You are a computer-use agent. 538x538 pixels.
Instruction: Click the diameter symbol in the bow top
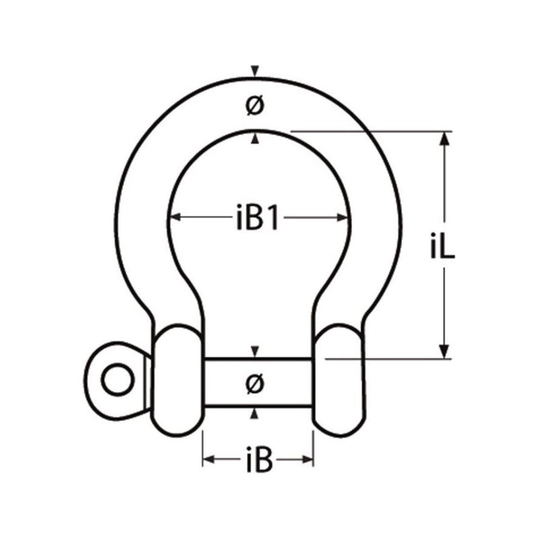click(254, 106)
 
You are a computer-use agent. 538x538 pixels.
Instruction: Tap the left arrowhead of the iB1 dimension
click(173, 217)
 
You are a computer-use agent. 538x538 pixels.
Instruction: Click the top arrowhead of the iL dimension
click(443, 138)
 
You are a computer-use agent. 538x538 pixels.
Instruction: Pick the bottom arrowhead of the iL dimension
click(443, 352)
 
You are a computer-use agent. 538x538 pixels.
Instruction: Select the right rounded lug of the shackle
click(339, 380)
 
